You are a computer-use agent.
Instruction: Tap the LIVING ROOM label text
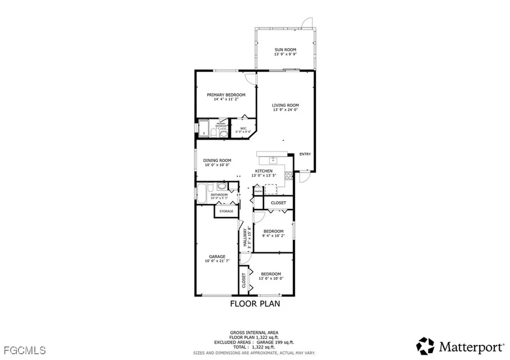(285, 105)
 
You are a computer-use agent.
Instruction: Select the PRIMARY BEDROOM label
(226, 95)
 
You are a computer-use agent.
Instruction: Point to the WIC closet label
(244, 128)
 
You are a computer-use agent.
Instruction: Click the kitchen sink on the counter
(273, 160)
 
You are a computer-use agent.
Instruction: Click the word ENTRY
(305, 154)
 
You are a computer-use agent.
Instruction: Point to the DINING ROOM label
(217, 160)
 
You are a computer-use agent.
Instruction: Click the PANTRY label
(258, 191)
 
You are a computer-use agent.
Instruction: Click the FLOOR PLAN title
(255, 303)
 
